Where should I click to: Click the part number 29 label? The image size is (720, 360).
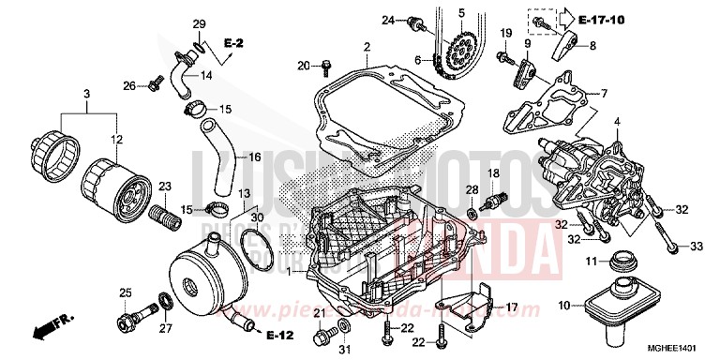coord(199,23)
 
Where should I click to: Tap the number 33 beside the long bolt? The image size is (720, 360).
coord(697,246)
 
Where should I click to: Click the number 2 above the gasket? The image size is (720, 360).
coord(367,47)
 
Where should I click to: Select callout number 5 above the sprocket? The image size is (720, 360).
coord(461,12)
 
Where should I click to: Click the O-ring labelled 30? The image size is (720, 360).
coord(256,240)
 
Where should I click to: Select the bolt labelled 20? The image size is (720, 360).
coord(324,67)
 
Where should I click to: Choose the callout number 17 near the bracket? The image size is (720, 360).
coord(510,307)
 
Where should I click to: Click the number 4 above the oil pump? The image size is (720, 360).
coord(617,121)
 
